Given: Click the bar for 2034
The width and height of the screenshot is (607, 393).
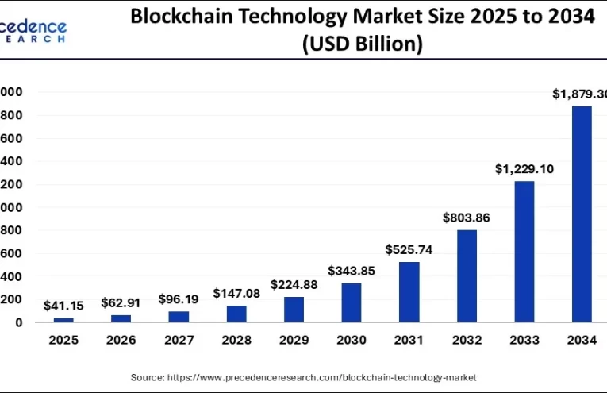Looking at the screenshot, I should click(x=581, y=214).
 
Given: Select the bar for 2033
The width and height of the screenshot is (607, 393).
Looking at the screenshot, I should click(x=524, y=252).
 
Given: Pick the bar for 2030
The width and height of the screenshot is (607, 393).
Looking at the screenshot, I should click(x=351, y=302).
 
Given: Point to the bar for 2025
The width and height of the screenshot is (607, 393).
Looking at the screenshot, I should click(x=63, y=319).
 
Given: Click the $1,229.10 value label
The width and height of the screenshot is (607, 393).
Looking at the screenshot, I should click(x=524, y=169).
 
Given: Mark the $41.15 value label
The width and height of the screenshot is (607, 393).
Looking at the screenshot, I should click(x=63, y=306).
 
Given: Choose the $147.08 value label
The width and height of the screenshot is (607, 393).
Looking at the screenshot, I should click(x=236, y=294).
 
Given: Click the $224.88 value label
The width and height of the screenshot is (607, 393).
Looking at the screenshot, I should click(x=294, y=284).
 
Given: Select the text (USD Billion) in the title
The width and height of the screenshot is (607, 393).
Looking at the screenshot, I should click(x=361, y=44).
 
